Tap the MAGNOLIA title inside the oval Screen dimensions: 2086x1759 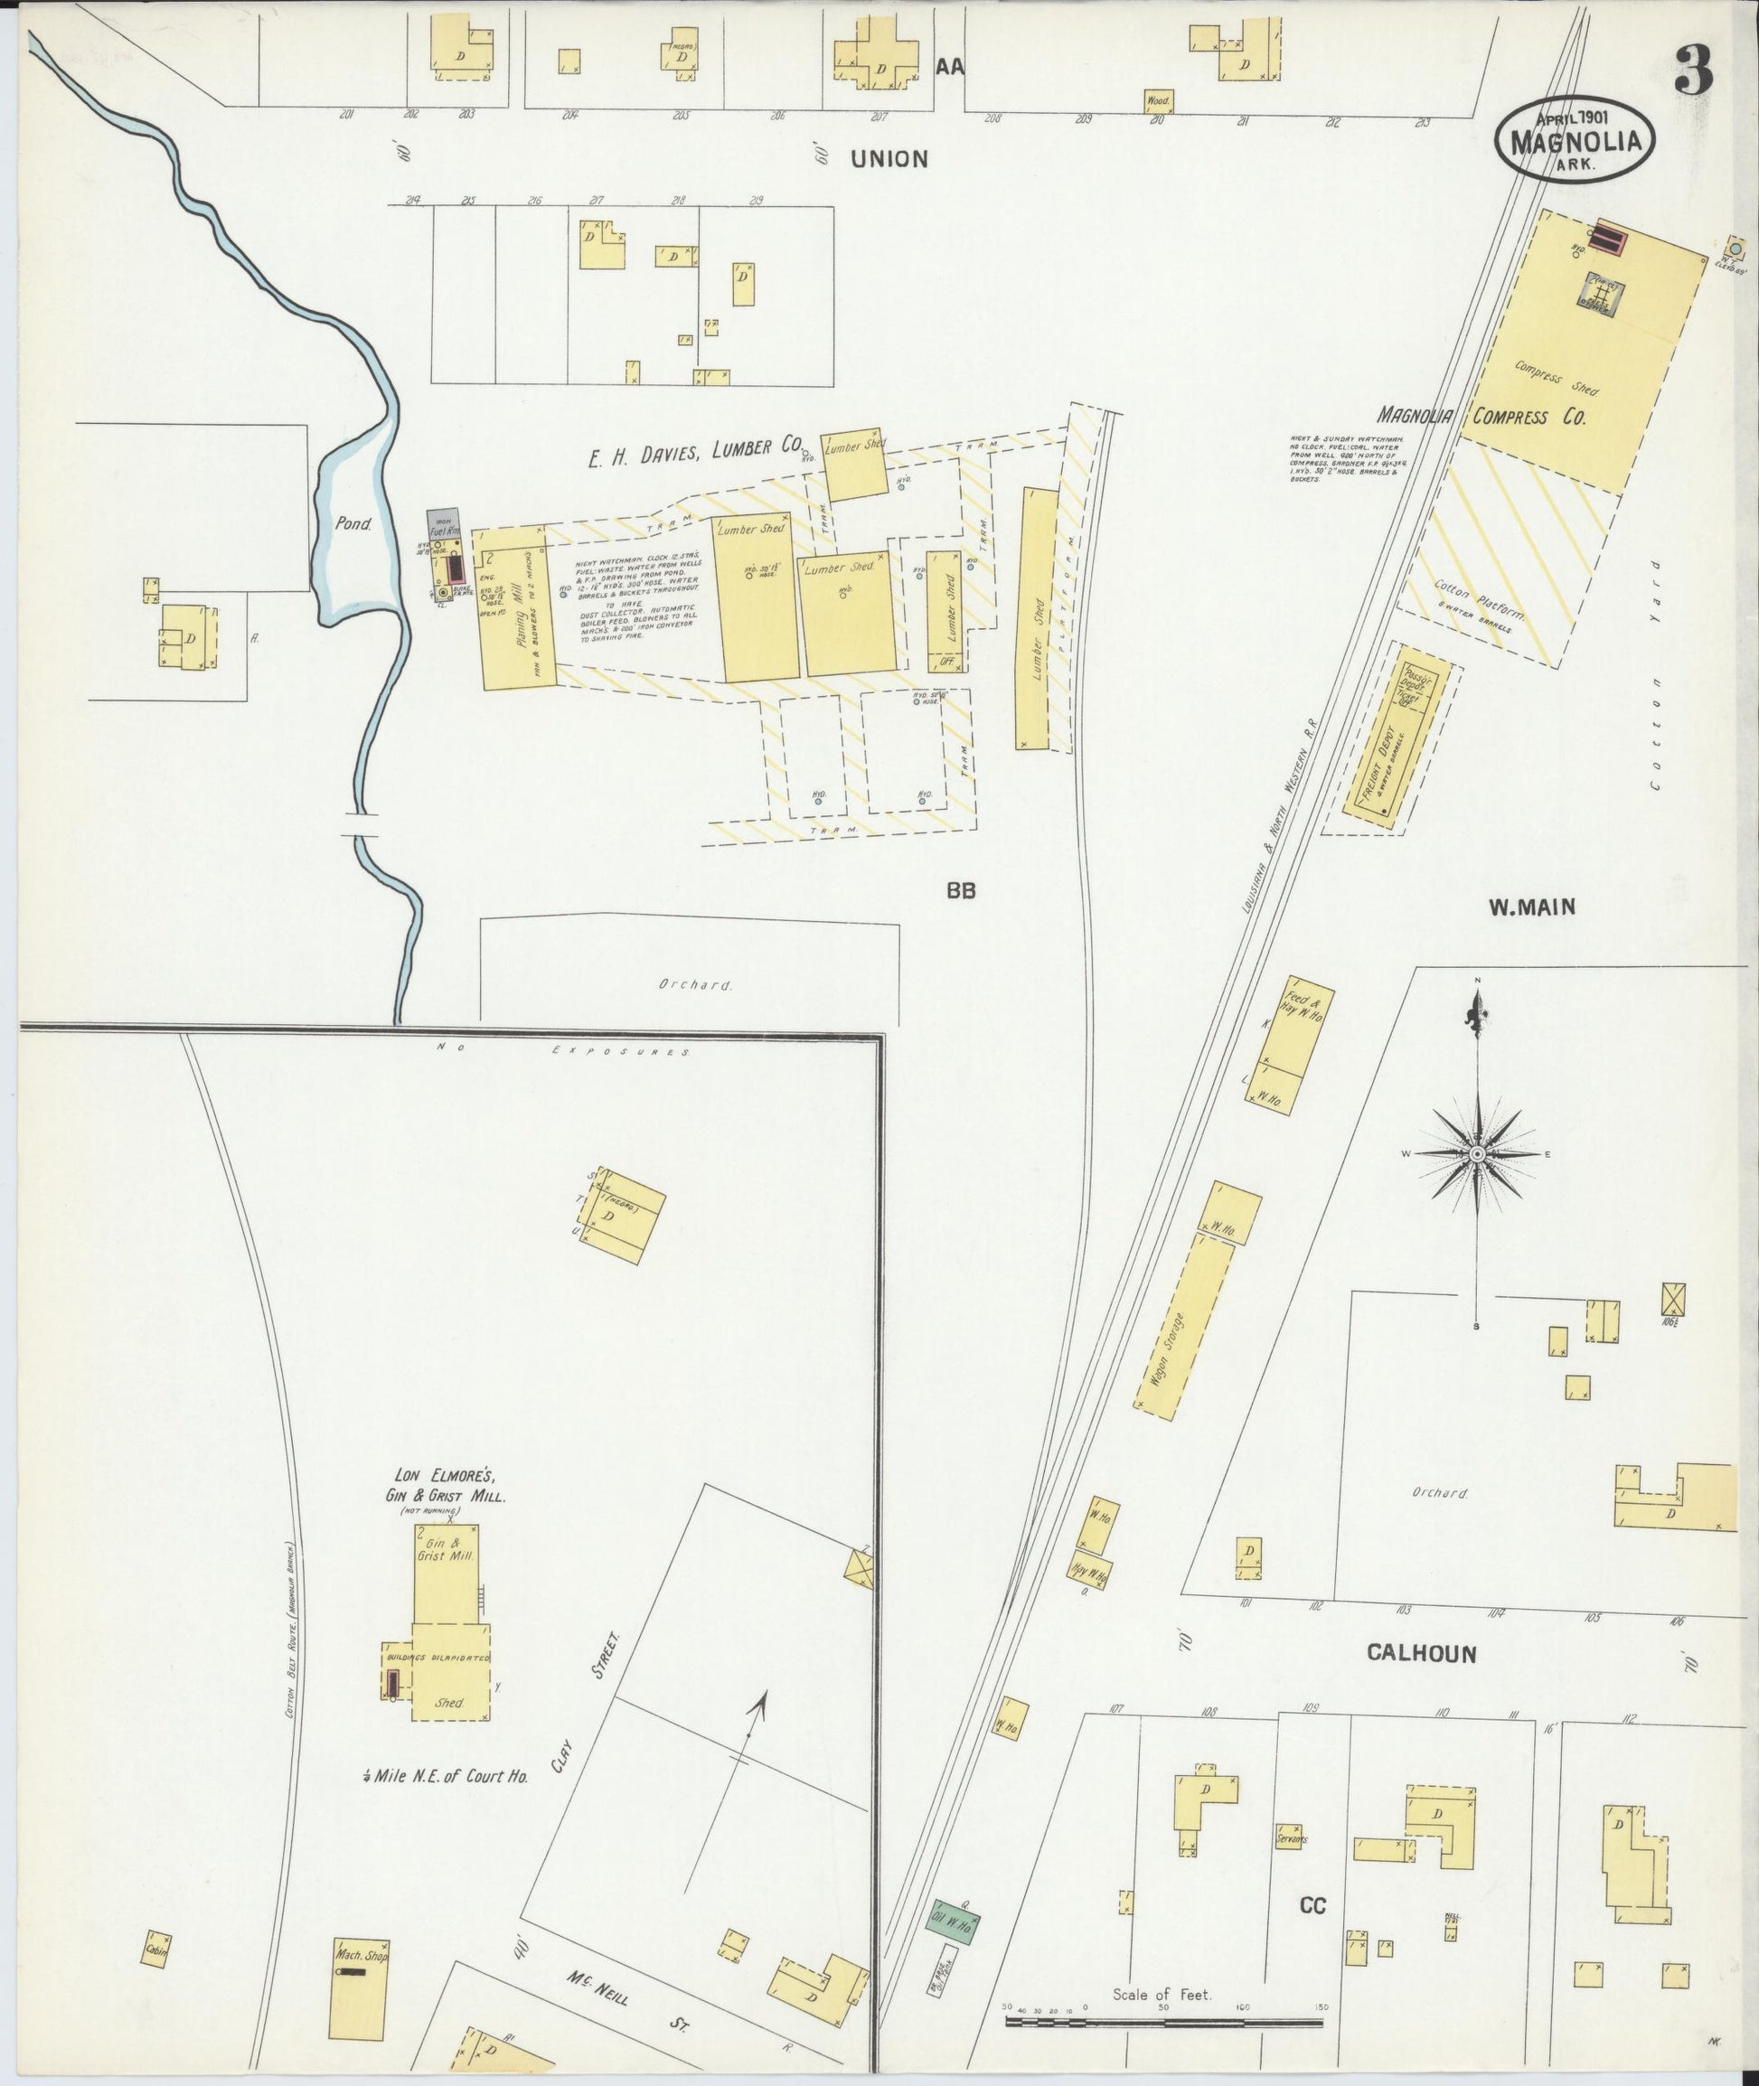click(1576, 143)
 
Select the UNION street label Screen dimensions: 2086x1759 click(889, 158)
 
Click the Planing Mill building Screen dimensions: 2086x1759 click(518, 617)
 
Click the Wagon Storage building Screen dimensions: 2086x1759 click(1185, 1326)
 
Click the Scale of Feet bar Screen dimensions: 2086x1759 click(1163, 2022)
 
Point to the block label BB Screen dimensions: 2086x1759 click(960, 891)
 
